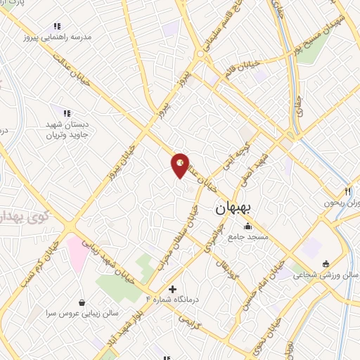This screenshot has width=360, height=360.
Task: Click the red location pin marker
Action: point(181,165)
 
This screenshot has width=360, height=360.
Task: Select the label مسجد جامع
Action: point(247,238)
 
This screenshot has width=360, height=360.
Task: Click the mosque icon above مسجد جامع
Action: point(247,226)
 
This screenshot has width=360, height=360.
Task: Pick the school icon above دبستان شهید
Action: point(67,112)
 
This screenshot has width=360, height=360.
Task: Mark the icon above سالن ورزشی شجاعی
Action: point(325,264)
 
